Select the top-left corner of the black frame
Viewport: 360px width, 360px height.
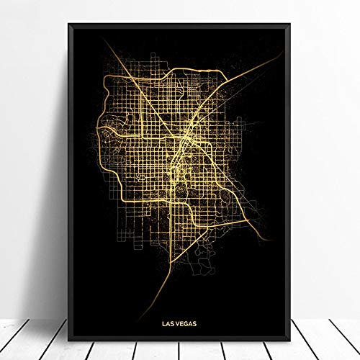pos(69,22)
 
